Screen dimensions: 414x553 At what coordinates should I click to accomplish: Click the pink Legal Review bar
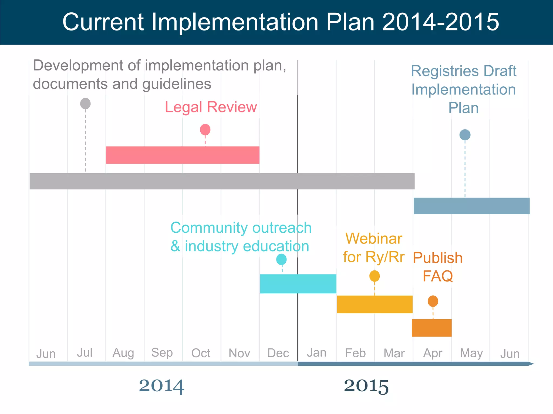click(x=183, y=155)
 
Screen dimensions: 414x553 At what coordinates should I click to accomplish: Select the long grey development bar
click(x=222, y=181)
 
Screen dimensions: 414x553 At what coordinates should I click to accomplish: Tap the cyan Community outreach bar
click(x=298, y=284)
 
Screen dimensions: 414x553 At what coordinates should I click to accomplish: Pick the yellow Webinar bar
click(x=375, y=304)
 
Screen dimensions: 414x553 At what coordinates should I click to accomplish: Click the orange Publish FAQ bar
click(x=431, y=328)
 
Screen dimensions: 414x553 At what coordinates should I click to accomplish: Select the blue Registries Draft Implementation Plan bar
click(x=471, y=206)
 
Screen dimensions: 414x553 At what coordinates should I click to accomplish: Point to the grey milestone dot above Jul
click(x=85, y=104)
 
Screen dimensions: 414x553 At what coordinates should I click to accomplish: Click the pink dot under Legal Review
click(x=205, y=130)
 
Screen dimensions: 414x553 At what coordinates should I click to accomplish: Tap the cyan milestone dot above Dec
click(x=281, y=259)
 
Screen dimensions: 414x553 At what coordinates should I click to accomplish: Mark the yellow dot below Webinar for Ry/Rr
click(x=375, y=276)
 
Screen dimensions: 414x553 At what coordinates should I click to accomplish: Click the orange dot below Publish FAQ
click(x=433, y=301)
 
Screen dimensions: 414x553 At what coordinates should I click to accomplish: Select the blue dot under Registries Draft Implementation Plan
click(x=465, y=135)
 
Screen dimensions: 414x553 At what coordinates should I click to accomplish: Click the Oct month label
click(x=201, y=353)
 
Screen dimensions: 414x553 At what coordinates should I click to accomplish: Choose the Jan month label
click(x=316, y=352)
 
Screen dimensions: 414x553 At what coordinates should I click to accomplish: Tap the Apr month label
click(x=433, y=353)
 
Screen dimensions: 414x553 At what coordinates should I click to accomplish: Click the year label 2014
click(x=161, y=386)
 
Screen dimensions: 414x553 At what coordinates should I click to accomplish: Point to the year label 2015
click(x=366, y=386)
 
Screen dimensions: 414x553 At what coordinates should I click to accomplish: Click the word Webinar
click(x=374, y=239)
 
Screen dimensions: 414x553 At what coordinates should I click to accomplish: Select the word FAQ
click(x=437, y=276)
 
